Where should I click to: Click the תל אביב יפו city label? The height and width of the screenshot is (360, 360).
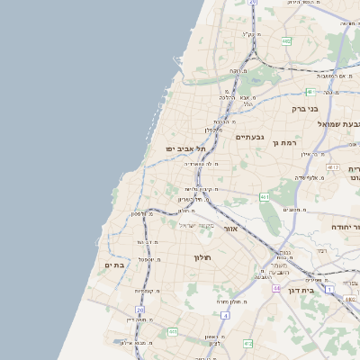pos(185,148)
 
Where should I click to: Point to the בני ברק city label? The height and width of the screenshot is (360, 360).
pos(306,108)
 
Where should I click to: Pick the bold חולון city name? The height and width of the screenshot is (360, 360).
pos(201,256)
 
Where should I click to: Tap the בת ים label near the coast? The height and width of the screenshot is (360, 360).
pos(114,265)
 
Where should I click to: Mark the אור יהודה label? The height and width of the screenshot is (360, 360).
pos(345,228)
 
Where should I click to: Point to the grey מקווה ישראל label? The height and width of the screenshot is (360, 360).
pos(196,225)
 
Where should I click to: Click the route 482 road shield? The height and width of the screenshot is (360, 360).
pos(285,40)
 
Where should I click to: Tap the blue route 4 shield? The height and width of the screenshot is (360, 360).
pos(224,316)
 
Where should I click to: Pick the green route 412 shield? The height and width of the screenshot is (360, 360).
pos(248,343)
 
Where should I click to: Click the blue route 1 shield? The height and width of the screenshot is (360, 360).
pos(330,288)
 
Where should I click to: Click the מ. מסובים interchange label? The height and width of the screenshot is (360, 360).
pos(291,209)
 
